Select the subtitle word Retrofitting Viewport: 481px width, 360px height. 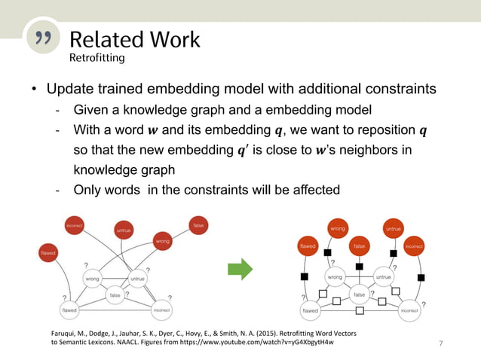pyautogui.click(x=97, y=56)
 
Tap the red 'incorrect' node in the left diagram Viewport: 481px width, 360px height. pyautogui.click(x=74, y=224)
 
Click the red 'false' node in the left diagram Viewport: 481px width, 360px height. pyautogui.click(x=198, y=224)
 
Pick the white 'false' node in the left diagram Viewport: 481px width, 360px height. pyautogui.click(x=115, y=295)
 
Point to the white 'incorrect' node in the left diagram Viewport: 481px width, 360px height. pyautogui.click(x=162, y=310)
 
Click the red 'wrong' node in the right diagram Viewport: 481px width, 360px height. pyautogui.click(x=337, y=228)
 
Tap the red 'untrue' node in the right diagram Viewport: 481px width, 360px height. pyautogui.click(x=393, y=228)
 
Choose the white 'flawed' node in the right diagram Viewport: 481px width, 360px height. pyautogui.click(x=310, y=310)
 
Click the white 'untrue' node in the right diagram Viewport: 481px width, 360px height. pyautogui.click(x=384, y=276)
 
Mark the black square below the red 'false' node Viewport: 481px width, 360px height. pyautogui.click(x=360, y=267)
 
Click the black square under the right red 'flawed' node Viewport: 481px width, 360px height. pyautogui.click(x=305, y=277)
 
